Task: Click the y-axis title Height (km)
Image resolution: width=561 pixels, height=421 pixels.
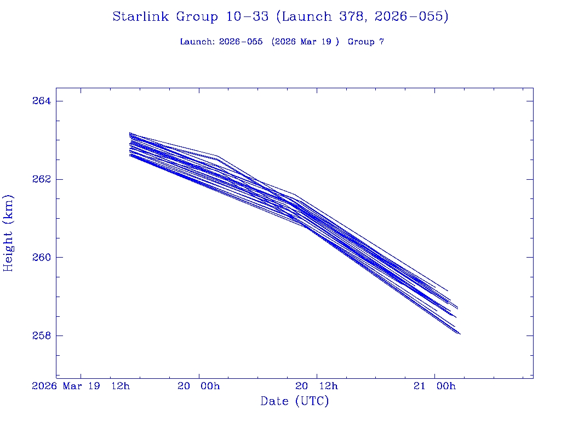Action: click(x=9, y=233)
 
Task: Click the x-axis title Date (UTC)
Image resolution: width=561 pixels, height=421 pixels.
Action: click(x=295, y=401)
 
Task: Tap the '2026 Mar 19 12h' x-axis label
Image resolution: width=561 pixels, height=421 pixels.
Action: click(x=81, y=386)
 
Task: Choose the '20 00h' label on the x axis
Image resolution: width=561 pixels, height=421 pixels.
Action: click(x=198, y=386)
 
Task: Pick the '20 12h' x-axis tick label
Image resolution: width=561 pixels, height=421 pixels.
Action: click(x=316, y=386)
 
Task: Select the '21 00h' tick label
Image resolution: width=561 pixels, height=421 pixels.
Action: click(x=434, y=386)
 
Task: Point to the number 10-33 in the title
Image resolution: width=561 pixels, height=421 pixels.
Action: click(x=247, y=17)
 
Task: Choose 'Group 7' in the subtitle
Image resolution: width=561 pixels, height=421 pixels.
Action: click(x=365, y=42)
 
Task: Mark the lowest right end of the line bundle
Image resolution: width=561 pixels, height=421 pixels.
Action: click(x=460, y=334)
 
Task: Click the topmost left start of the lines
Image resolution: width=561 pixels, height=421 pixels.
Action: click(x=130, y=133)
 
